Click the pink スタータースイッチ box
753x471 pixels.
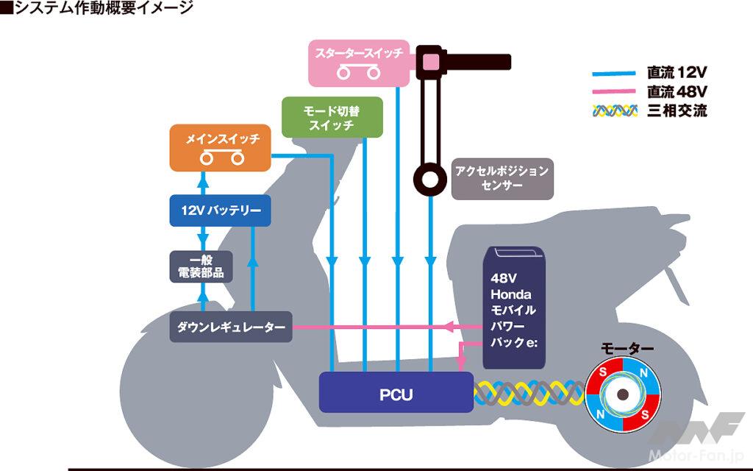pos(358,62)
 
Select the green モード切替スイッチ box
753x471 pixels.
pos(332,117)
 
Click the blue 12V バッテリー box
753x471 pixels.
pos(221,211)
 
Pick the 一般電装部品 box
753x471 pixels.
pos(201,266)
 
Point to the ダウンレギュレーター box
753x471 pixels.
pos(231,326)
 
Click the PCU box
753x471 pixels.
pos(396,393)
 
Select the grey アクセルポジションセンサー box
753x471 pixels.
pos(502,178)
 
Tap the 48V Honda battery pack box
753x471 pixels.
pos(513,308)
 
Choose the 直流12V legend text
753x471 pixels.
pos(677,74)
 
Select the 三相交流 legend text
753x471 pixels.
pos(677,112)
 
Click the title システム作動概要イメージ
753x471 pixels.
pos(96,9)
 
